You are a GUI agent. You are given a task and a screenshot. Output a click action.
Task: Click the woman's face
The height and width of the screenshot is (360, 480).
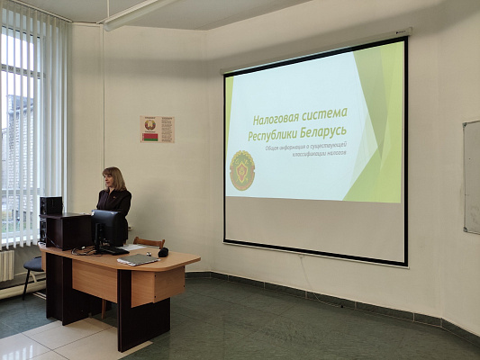pos(115,179)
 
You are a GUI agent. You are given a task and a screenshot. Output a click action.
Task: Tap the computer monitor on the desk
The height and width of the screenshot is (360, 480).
pos(107,229)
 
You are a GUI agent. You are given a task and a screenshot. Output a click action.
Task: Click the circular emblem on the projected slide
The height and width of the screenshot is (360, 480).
pos(242,170)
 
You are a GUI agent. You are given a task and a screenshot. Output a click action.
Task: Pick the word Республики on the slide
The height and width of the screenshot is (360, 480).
pos(277,136)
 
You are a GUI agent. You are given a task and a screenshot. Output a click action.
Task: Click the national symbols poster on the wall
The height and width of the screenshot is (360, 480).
pos(158,130)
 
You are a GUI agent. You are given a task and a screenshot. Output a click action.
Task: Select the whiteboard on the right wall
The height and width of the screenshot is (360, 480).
pos(472,177)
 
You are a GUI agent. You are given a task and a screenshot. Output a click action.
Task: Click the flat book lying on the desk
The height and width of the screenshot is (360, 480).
pos(138,259)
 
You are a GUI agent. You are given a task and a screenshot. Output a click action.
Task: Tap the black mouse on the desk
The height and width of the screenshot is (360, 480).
pos(162,253)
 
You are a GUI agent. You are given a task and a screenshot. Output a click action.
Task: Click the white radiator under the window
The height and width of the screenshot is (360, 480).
pos(6,265)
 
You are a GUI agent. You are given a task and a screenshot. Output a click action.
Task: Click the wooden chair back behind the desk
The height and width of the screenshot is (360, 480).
pos(149,241)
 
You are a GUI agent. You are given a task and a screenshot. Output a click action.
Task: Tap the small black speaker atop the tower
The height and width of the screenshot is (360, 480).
pos(51,205)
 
